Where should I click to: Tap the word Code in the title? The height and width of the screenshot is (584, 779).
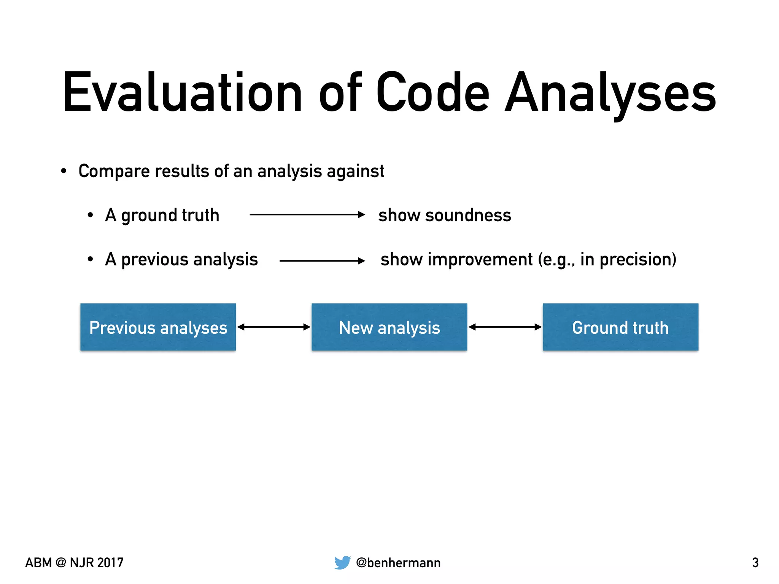click(432, 93)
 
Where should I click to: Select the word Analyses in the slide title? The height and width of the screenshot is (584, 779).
click(610, 93)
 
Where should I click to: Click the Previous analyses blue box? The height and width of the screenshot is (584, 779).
click(158, 327)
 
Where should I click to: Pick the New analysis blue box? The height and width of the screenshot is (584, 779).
click(389, 327)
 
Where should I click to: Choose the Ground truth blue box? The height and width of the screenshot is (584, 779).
click(620, 327)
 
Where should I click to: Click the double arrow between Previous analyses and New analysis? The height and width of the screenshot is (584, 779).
click(274, 327)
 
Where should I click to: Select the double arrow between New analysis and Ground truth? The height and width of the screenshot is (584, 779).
click(505, 327)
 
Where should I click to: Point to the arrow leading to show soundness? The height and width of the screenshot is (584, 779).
click(307, 215)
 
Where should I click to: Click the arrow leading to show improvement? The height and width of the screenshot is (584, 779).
click(322, 261)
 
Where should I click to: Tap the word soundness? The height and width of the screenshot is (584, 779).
click(468, 216)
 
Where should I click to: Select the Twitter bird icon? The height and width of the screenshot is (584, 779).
click(342, 562)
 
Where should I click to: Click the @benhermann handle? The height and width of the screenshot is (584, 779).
click(398, 563)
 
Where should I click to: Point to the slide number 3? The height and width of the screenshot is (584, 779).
click(755, 563)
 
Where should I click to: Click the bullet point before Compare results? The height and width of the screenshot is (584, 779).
click(64, 171)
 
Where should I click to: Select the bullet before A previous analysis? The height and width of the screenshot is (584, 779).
click(90, 260)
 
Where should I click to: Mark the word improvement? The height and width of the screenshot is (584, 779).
click(480, 260)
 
